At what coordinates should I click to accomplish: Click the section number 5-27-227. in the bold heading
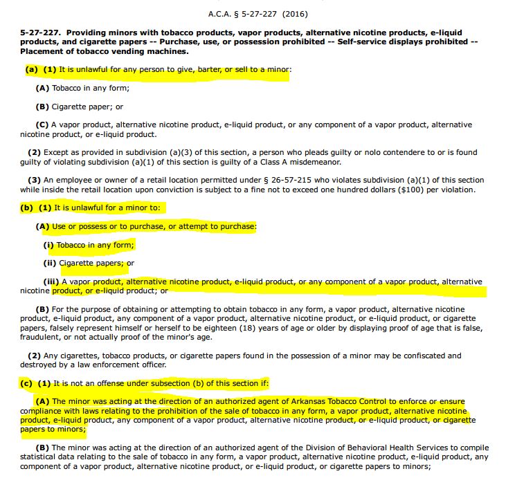(x=40, y=33)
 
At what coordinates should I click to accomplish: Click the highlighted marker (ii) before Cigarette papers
(x=50, y=263)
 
